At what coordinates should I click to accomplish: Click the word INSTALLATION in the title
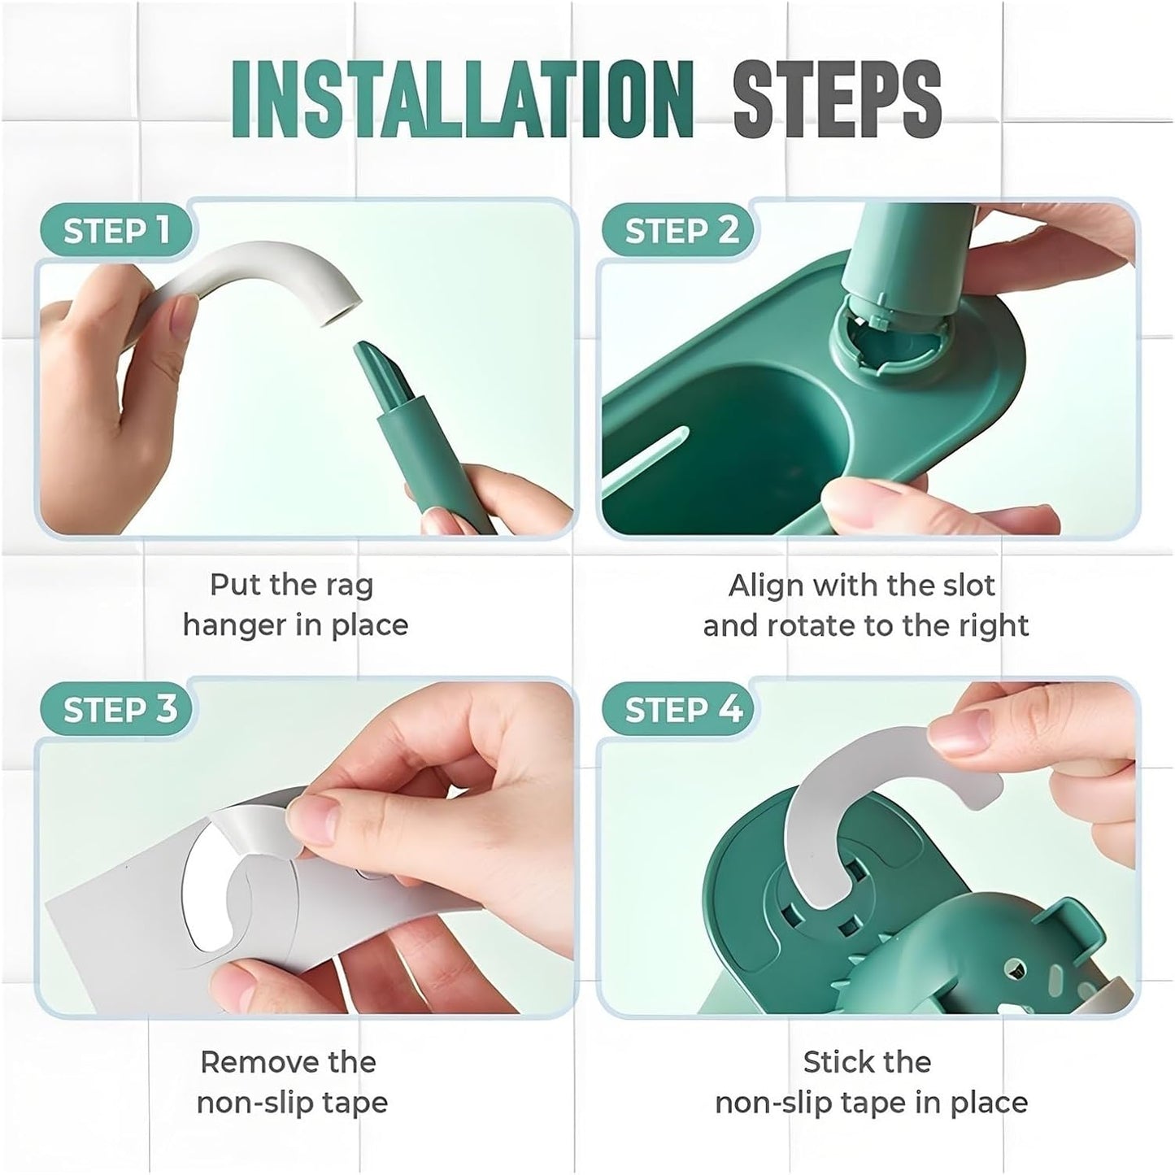[x=462, y=99]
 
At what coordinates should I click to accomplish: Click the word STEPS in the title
[x=838, y=99]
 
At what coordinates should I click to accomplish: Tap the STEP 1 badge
[x=115, y=231]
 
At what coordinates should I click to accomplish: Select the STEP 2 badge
[x=677, y=231]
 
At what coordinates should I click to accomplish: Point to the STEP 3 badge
[x=115, y=710]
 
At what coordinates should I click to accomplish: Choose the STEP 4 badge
[x=677, y=710]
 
